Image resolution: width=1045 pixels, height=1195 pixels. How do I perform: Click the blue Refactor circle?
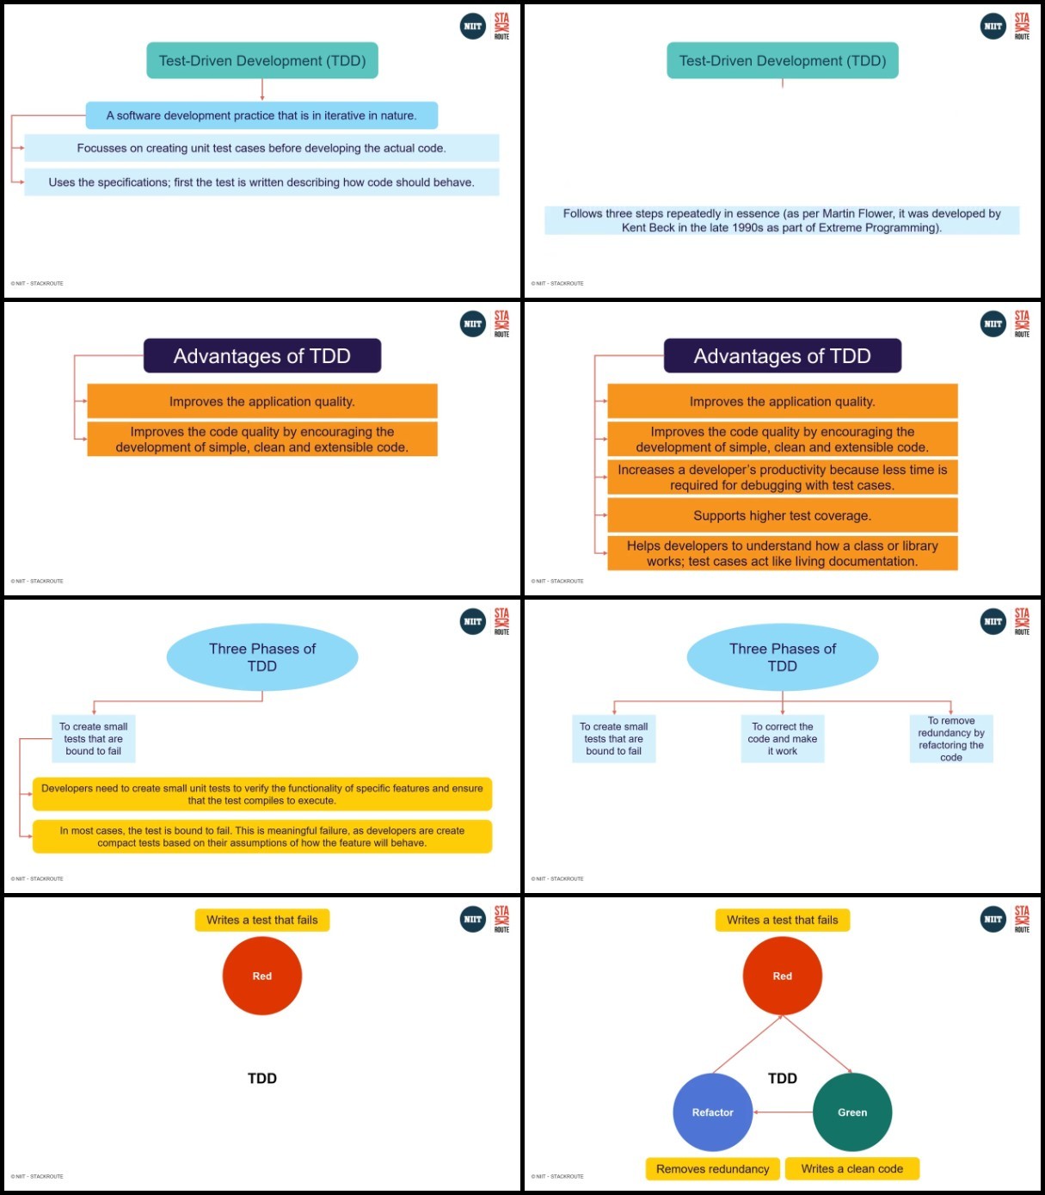[712, 1112]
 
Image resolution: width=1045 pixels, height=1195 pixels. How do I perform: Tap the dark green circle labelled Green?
[852, 1112]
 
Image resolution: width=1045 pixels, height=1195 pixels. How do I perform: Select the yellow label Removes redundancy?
[712, 1168]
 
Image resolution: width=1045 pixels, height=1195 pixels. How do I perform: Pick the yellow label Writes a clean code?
[852, 1168]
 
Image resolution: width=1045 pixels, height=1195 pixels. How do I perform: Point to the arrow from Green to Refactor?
[783, 1112]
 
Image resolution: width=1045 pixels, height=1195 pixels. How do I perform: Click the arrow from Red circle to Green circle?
[817, 1044]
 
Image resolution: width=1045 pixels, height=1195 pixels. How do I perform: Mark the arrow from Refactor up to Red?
[747, 1044]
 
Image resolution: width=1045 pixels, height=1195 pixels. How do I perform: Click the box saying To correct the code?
[783, 739]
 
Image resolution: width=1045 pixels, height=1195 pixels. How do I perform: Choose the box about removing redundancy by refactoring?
[951, 739]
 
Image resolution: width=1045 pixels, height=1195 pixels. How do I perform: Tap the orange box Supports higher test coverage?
[783, 515]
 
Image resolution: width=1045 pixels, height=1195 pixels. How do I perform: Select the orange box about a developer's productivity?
[783, 477]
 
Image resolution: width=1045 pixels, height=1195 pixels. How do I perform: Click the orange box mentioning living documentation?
[783, 553]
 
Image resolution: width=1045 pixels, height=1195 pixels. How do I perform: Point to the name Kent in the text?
[633, 228]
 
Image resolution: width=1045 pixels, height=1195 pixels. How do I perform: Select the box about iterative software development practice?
[261, 115]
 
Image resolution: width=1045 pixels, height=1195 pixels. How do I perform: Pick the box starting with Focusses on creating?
[261, 148]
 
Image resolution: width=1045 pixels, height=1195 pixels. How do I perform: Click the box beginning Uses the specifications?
[261, 182]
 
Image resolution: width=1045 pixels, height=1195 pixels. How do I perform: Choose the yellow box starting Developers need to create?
[262, 794]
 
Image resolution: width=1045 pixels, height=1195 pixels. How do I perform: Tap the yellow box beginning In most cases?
[262, 836]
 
